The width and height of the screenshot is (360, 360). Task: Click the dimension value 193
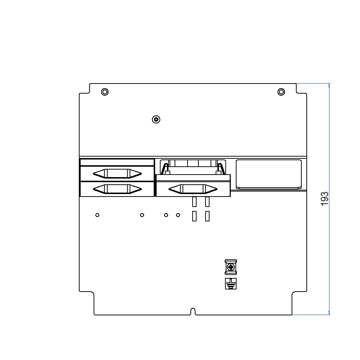coord(324,199)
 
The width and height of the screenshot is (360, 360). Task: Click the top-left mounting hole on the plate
coord(104,92)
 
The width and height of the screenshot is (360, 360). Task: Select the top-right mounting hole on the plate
coord(281,92)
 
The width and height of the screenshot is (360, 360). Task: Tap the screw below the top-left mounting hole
coord(156,119)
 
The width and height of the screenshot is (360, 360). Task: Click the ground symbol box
coord(230,284)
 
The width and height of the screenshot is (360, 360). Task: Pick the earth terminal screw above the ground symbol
coord(230,267)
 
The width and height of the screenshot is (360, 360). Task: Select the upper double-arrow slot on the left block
coord(117,174)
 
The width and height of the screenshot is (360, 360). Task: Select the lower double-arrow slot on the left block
coord(117,189)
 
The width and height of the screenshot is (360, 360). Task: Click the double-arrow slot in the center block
coord(193,189)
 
